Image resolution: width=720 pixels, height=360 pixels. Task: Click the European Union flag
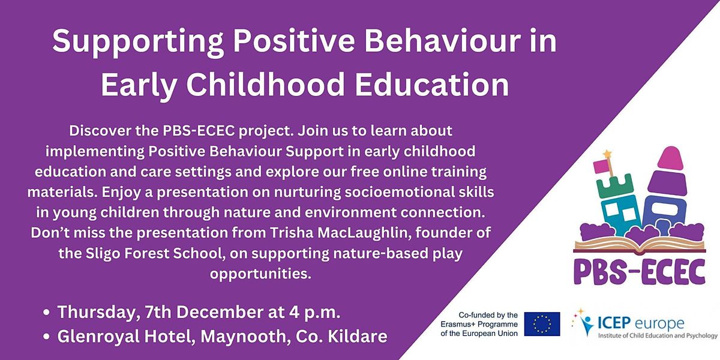point(542,324)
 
